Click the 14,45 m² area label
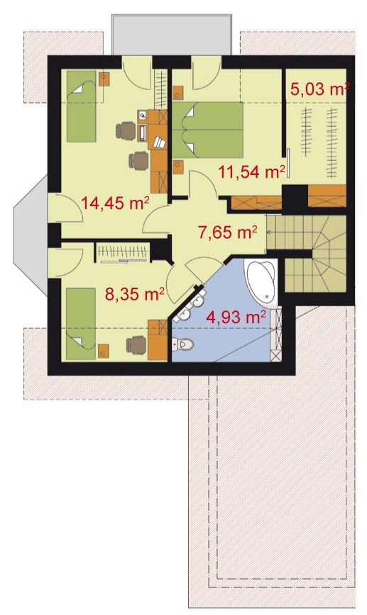coord(115,203)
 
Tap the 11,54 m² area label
coord(251,171)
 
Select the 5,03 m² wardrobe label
coord(319,89)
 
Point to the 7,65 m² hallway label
coord(228,232)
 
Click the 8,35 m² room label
coord(134,293)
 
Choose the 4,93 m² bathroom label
coord(236,316)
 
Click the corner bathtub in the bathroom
coord(261,281)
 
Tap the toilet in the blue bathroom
coord(182,345)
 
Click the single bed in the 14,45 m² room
coord(81,106)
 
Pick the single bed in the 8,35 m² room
coord(81,324)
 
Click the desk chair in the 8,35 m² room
coord(136,344)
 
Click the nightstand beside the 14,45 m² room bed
coord(104,79)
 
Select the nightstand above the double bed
coord(178,94)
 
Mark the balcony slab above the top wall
coord(171,35)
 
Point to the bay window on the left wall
coord(31,235)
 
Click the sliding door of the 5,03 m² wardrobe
coord(287,162)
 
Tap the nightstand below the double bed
coord(178,167)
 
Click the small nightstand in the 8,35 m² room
coord(104,350)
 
